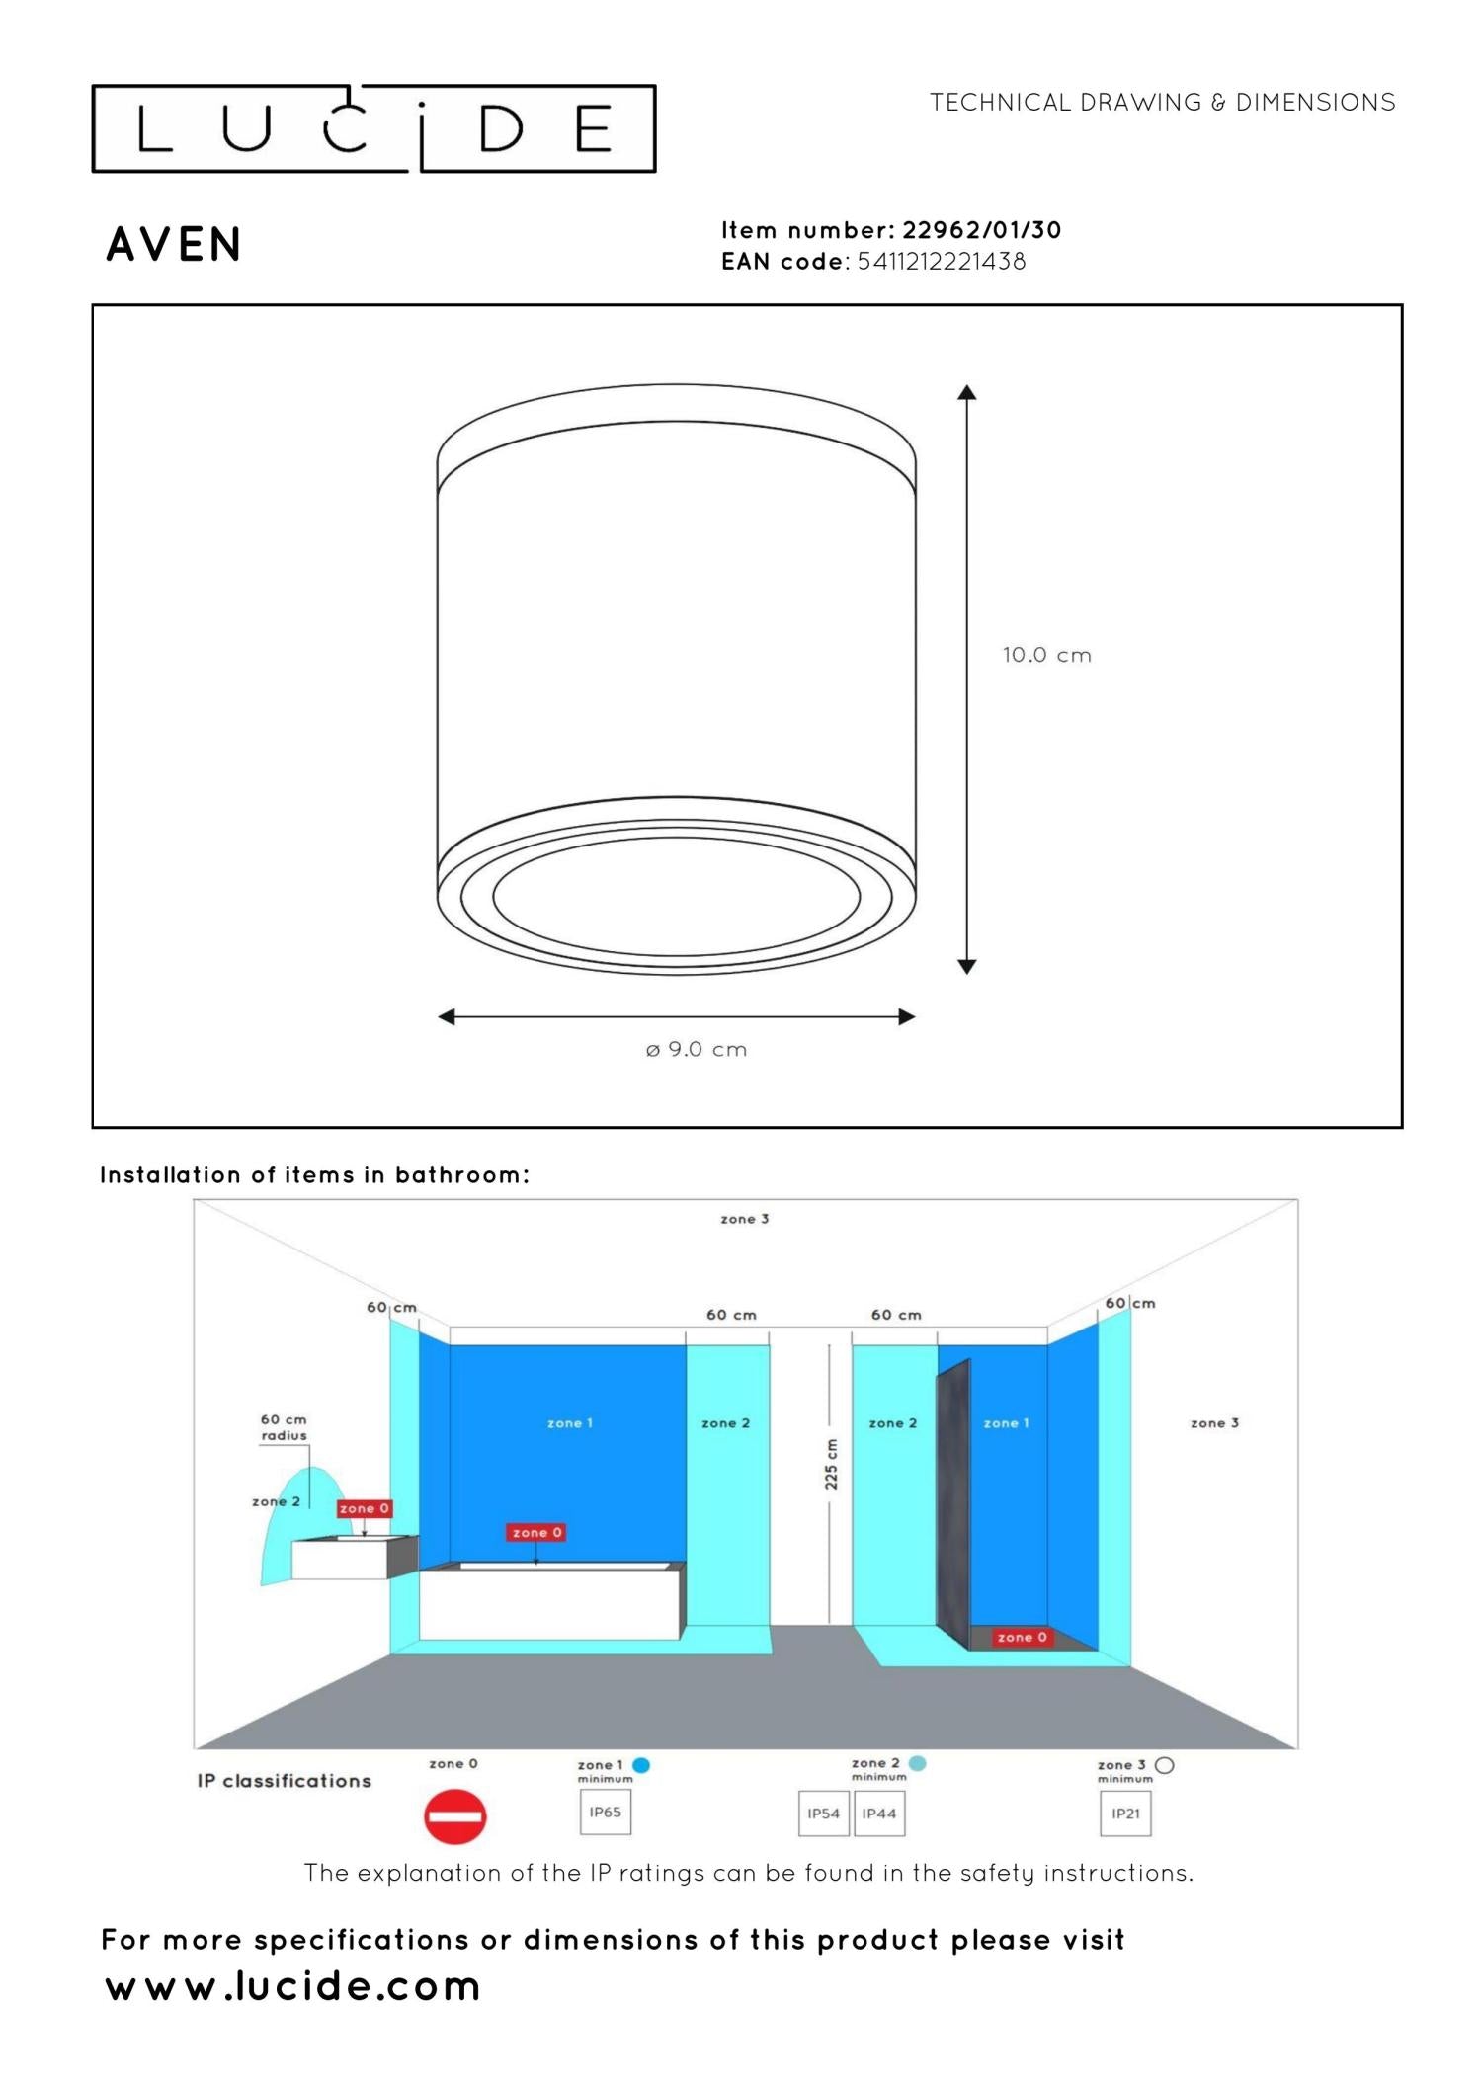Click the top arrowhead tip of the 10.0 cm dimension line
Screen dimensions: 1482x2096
pos(967,385)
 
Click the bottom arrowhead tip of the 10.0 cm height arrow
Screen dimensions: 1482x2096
pos(967,974)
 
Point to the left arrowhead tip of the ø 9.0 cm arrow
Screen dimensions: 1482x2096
pos(438,1016)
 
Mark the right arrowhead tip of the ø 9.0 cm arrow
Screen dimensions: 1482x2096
pos(916,1016)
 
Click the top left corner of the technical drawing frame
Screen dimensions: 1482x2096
pos(93,305)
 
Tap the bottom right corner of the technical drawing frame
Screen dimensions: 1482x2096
pos(1402,1127)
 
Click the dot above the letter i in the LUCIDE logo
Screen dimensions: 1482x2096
pos(422,105)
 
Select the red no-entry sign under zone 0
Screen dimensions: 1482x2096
pos(455,1816)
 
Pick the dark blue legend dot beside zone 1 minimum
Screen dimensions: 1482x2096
pos(641,1765)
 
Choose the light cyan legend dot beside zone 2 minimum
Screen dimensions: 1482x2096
pos(918,1763)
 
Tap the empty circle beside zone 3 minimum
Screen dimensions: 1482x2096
pos(1165,1765)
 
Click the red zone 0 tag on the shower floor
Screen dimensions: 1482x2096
pos(1022,1637)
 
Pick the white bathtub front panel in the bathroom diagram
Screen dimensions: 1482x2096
pos(549,1604)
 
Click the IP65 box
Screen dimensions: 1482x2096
pos(606,1812)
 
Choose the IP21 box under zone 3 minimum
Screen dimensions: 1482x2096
pos(1125,1814)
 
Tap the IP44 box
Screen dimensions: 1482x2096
pos(879,1814)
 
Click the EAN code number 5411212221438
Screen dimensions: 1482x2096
pos(942,262)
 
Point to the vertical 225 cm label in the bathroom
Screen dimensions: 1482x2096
pos(831,1464)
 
